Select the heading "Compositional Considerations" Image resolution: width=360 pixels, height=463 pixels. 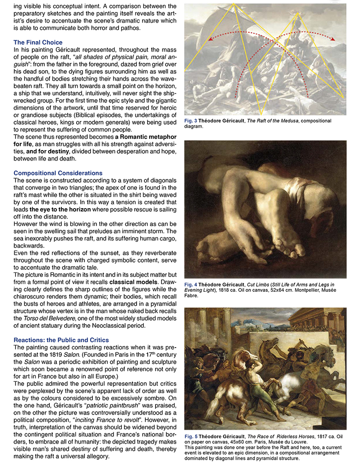(58, 173)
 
